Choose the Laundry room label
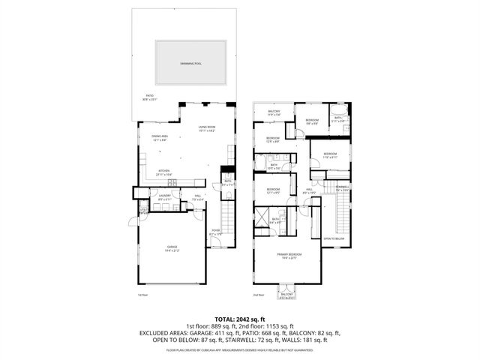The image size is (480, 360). (x=164, y=198)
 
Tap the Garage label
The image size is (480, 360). (x=172, y=248)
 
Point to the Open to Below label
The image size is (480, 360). (x=334, y=238)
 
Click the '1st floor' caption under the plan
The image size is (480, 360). (x=142, y=296)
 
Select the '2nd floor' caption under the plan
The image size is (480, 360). (x=259, y=296)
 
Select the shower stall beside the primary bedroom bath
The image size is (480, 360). (x=262, y=217)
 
